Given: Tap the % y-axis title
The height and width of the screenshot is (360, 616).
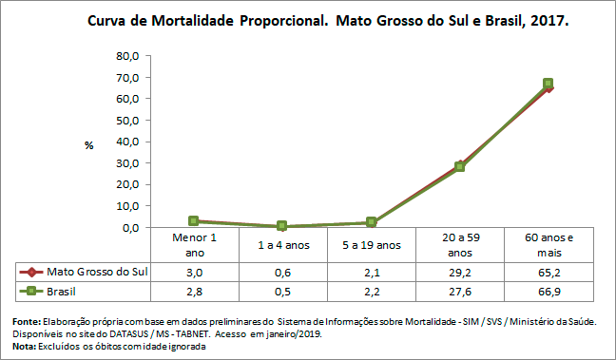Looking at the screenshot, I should [x=88, y=145].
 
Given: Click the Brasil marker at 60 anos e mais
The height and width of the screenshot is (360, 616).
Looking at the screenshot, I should [x=548, y=84].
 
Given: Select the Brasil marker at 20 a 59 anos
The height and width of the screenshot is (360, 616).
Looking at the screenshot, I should [x=459, y=166].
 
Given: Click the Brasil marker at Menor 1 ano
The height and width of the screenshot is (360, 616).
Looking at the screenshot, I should [x=194, y=221].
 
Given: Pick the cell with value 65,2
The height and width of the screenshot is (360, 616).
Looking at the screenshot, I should [x=548, y=272].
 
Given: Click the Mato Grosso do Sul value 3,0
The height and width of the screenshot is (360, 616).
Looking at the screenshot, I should [x=194, y=272].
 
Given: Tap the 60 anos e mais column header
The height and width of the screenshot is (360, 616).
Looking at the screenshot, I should [x=548, y=244].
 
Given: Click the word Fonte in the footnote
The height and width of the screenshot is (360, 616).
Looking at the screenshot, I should [x=27, y=322].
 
